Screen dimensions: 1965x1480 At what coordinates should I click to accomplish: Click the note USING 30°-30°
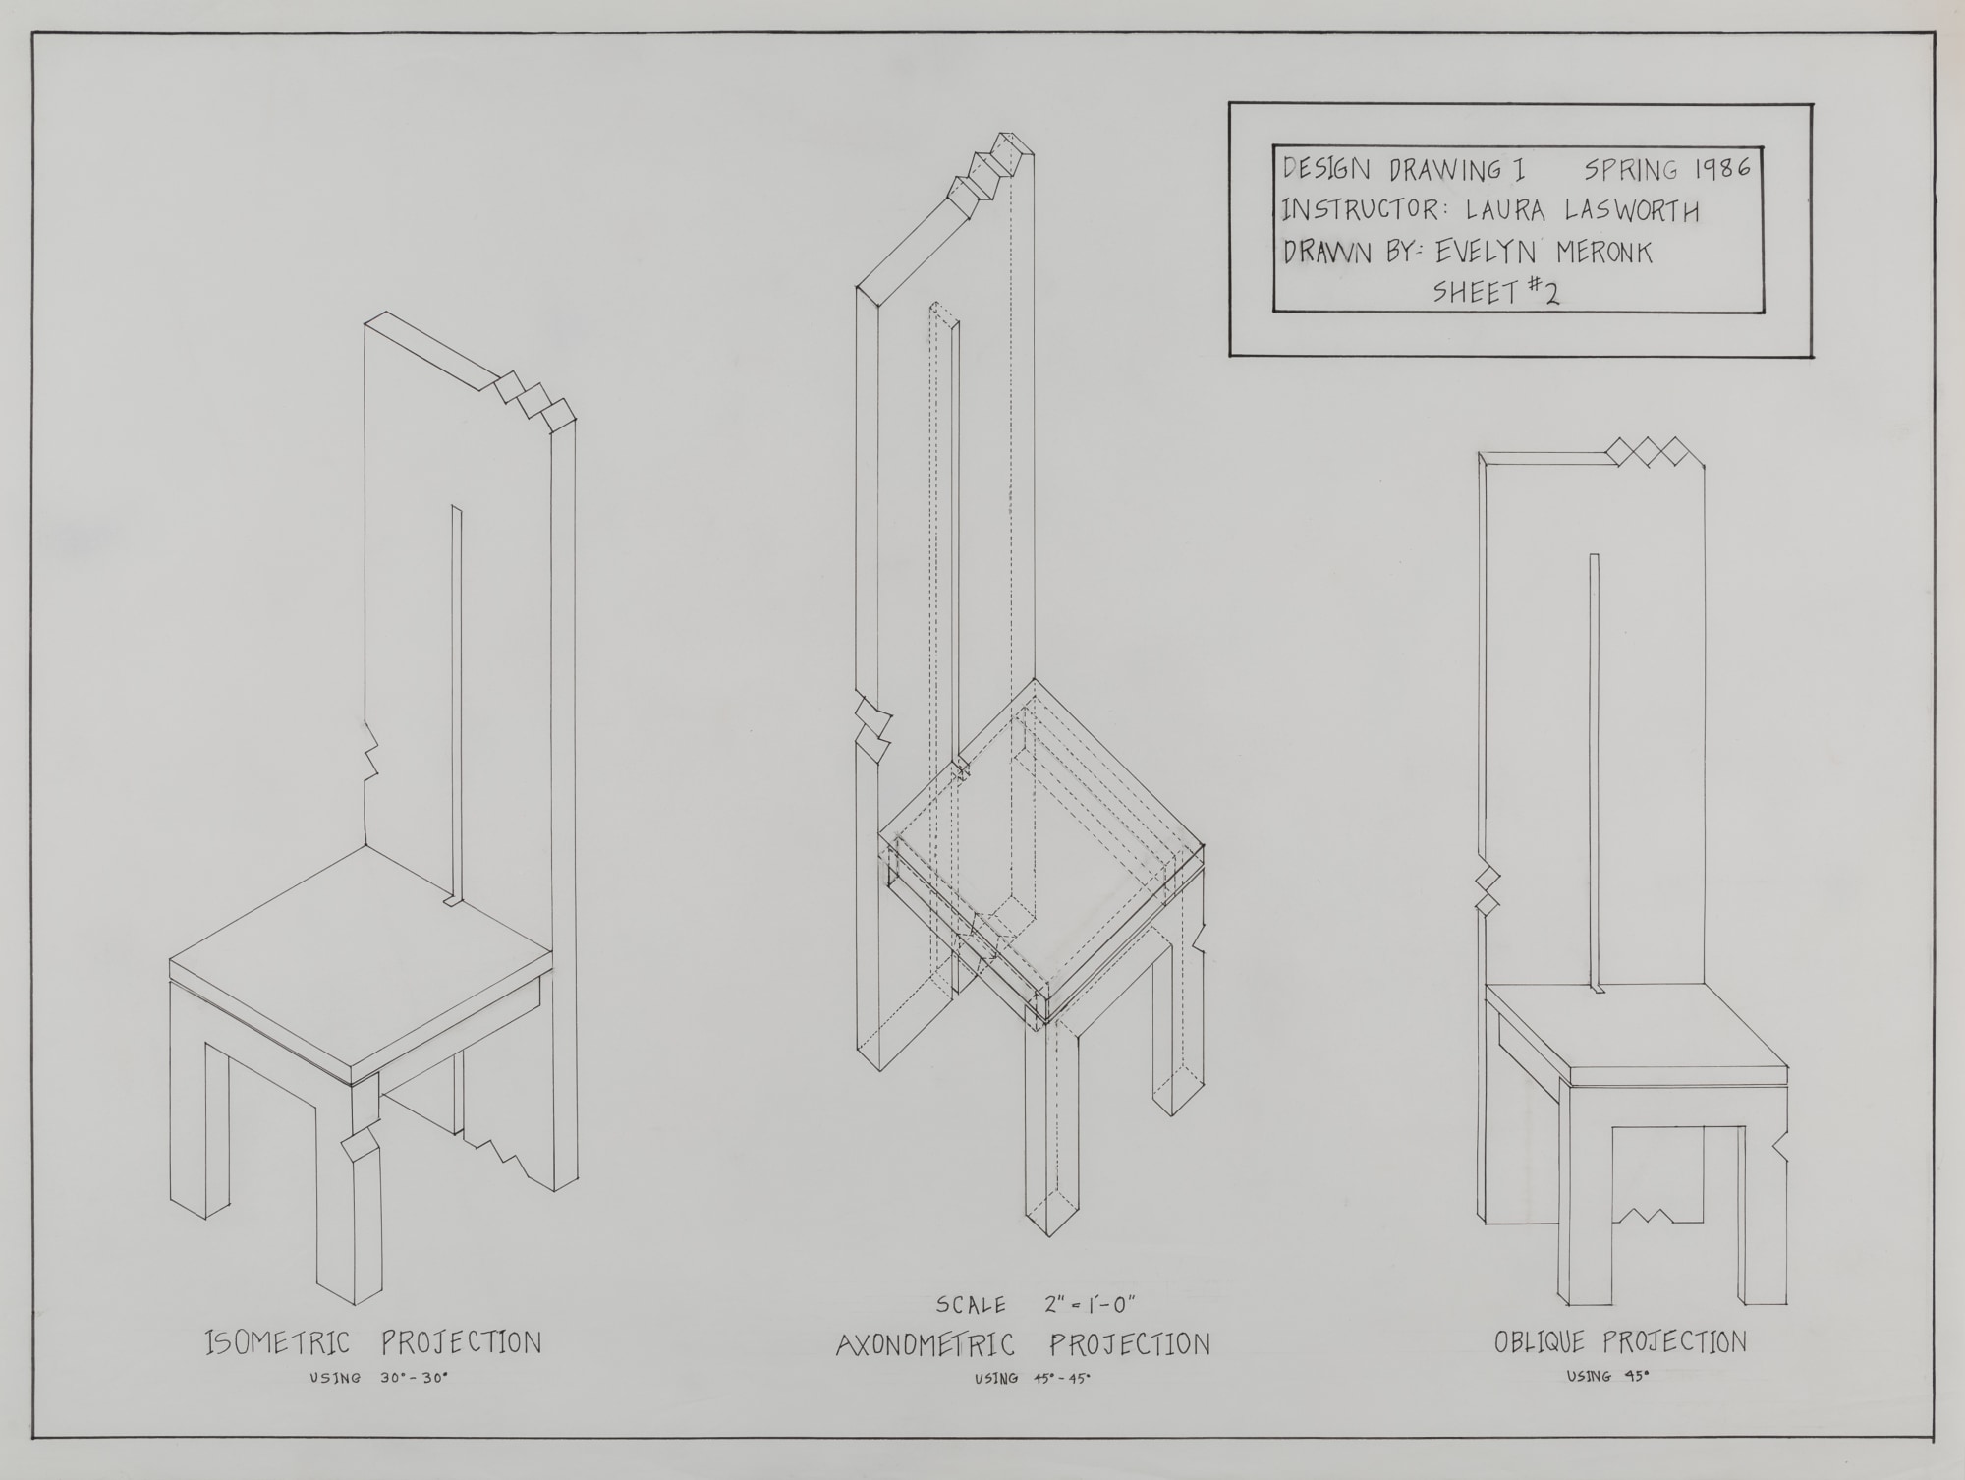point(378,1378)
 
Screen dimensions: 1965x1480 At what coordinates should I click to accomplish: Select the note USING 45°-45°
point(1032,1378)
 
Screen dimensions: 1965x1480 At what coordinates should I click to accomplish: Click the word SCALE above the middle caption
point(971,1306)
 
